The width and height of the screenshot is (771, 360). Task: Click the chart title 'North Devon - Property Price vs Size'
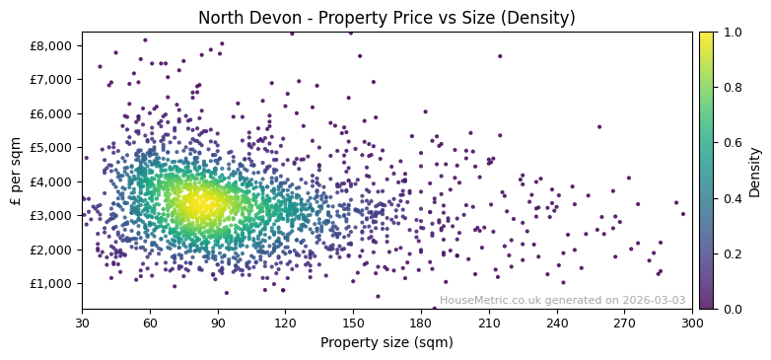[x=386, y=18]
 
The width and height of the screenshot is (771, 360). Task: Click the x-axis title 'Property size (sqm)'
[x=386, y=343]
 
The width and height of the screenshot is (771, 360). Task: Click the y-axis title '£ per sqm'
[x=16, y=170]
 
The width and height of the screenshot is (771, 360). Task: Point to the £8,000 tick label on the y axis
[x=50, y=45]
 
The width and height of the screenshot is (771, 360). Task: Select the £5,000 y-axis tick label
[x=50, y=147]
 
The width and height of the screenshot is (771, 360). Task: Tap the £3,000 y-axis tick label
[x=50, y=215]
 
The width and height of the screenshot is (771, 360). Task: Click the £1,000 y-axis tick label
[x=50, y=283]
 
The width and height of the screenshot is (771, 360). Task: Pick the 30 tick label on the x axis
[x=82, y=323]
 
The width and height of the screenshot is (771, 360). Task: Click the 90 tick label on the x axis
[x=218, y=323]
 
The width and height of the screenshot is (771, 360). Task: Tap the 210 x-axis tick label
[x=489, y=323]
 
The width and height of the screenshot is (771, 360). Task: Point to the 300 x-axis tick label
[x=692, y=323]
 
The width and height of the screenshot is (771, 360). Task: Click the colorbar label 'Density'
[x=755, y=170]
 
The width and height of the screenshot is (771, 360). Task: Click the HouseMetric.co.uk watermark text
[x=562, y=300]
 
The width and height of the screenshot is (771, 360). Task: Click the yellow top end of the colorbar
[x=706, y=35]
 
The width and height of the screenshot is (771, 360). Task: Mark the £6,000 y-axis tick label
[x=50, y=113]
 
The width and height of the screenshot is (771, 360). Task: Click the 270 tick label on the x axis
[x=624, y=323]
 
